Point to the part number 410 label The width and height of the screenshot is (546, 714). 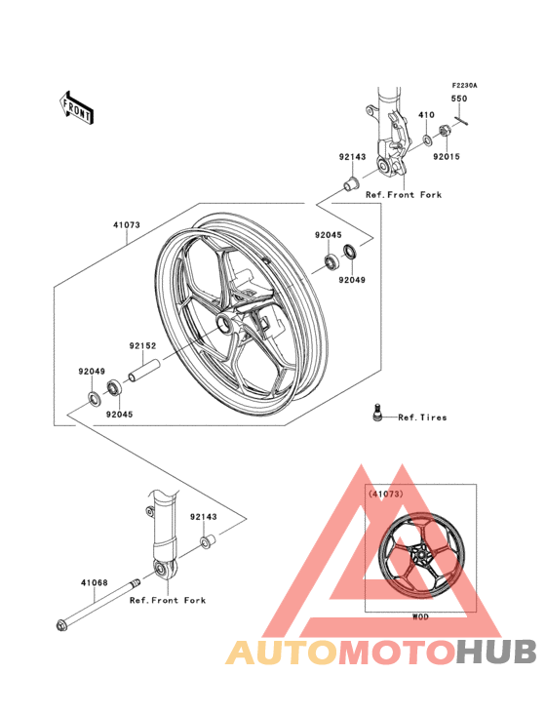(426, 115)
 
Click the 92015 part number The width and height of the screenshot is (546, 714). (447, 155)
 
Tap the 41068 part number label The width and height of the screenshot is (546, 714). (94, 584)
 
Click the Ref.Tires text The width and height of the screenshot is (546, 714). (422, 417)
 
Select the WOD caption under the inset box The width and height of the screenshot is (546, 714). (420, 617)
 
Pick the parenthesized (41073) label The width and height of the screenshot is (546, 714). (386, 495)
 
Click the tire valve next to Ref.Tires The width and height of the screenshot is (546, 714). (374, 414)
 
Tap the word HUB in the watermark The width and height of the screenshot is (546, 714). (495, 652)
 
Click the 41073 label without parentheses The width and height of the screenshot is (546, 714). (125, 224)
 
